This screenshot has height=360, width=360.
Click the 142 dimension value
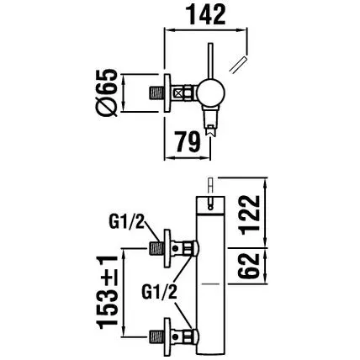pos(206,15)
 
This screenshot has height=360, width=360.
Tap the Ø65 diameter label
pos(107,93)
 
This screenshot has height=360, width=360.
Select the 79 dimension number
pos(188,141)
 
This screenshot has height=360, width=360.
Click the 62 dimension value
pos(249,266)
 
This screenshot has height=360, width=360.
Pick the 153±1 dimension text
pos(107,293)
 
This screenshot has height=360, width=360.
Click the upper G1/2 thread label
pos(126,223)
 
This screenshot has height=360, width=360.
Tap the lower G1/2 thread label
pos(159,293)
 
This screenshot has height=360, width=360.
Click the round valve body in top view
pos(210,93)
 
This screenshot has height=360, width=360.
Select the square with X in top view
pos(178,93)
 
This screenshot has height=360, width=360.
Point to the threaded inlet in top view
pos(156,93)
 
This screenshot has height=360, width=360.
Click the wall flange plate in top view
pos(167,93)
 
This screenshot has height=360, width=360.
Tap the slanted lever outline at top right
pos(238,65)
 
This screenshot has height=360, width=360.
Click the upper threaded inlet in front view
pos(156,248)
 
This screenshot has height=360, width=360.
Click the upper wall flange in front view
pos(167,248)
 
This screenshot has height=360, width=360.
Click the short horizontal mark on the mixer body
pos(210,283)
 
